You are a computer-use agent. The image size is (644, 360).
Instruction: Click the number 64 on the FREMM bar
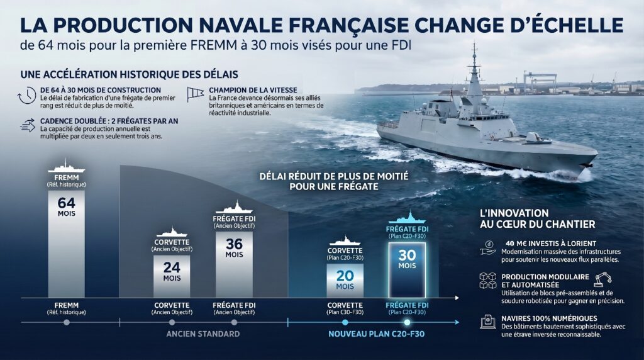[66, 203]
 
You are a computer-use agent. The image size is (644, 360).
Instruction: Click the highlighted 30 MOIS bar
[406, 259]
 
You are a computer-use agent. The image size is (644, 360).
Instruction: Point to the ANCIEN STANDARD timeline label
[203, 334]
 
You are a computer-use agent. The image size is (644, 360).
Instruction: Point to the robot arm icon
[602, 279]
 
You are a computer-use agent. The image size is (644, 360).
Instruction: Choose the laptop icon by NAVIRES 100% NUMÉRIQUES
[487, 322]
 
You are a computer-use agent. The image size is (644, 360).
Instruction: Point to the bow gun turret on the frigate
[535, 136]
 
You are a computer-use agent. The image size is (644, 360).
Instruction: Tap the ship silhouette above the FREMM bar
[66, 167]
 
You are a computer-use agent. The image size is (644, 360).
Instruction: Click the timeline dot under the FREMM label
[66, 322]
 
